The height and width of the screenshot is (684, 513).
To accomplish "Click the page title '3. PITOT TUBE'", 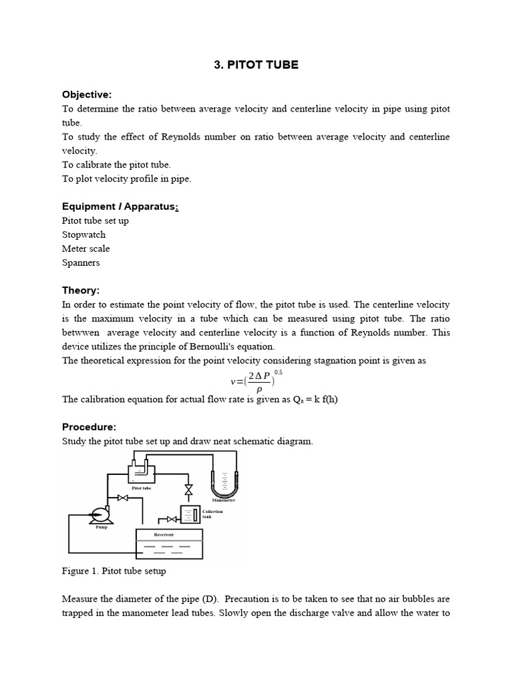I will pos(256,65).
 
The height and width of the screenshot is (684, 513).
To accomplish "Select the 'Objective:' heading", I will pos(87,94).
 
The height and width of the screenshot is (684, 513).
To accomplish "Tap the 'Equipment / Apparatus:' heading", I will pos(120,206).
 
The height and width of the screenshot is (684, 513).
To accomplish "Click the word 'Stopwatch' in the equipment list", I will pos(83,234).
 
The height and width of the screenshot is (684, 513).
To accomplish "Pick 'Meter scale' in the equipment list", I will pos(86,248).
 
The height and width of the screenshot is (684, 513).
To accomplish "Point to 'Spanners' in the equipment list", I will pos(81,263).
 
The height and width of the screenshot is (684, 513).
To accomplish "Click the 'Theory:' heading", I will pos(80,291).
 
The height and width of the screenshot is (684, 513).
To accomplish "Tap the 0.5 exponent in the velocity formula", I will pos(279,372).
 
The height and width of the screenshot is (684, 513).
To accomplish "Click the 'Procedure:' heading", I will pos(89,427).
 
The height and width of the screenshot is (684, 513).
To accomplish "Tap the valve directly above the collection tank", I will pos(189,490).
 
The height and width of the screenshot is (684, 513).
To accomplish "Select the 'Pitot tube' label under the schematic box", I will pos(141,488).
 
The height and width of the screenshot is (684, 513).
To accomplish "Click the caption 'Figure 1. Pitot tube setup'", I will pos(114,571).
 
